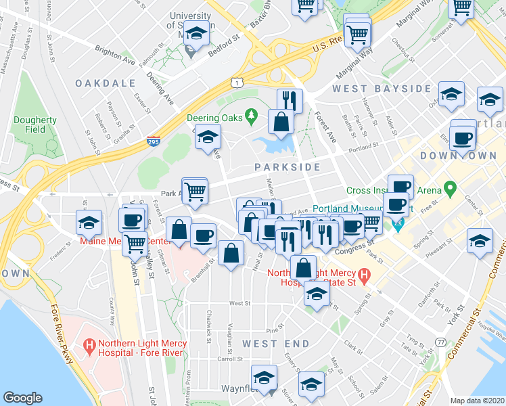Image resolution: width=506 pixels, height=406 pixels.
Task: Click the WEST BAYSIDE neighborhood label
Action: pos(382,89)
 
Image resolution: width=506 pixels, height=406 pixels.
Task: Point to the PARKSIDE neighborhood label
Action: pos(287,166)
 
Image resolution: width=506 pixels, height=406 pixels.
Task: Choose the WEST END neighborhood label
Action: pos(267,344)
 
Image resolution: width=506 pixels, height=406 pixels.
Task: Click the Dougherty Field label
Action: pos(35,125)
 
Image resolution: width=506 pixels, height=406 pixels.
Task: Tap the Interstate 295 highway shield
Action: pos(154,142)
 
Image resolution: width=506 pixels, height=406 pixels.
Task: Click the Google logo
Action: pos(23,398)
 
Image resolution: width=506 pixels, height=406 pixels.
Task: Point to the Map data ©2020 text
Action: pos(478,400)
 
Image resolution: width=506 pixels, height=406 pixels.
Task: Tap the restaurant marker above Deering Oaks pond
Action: pos(290,101)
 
